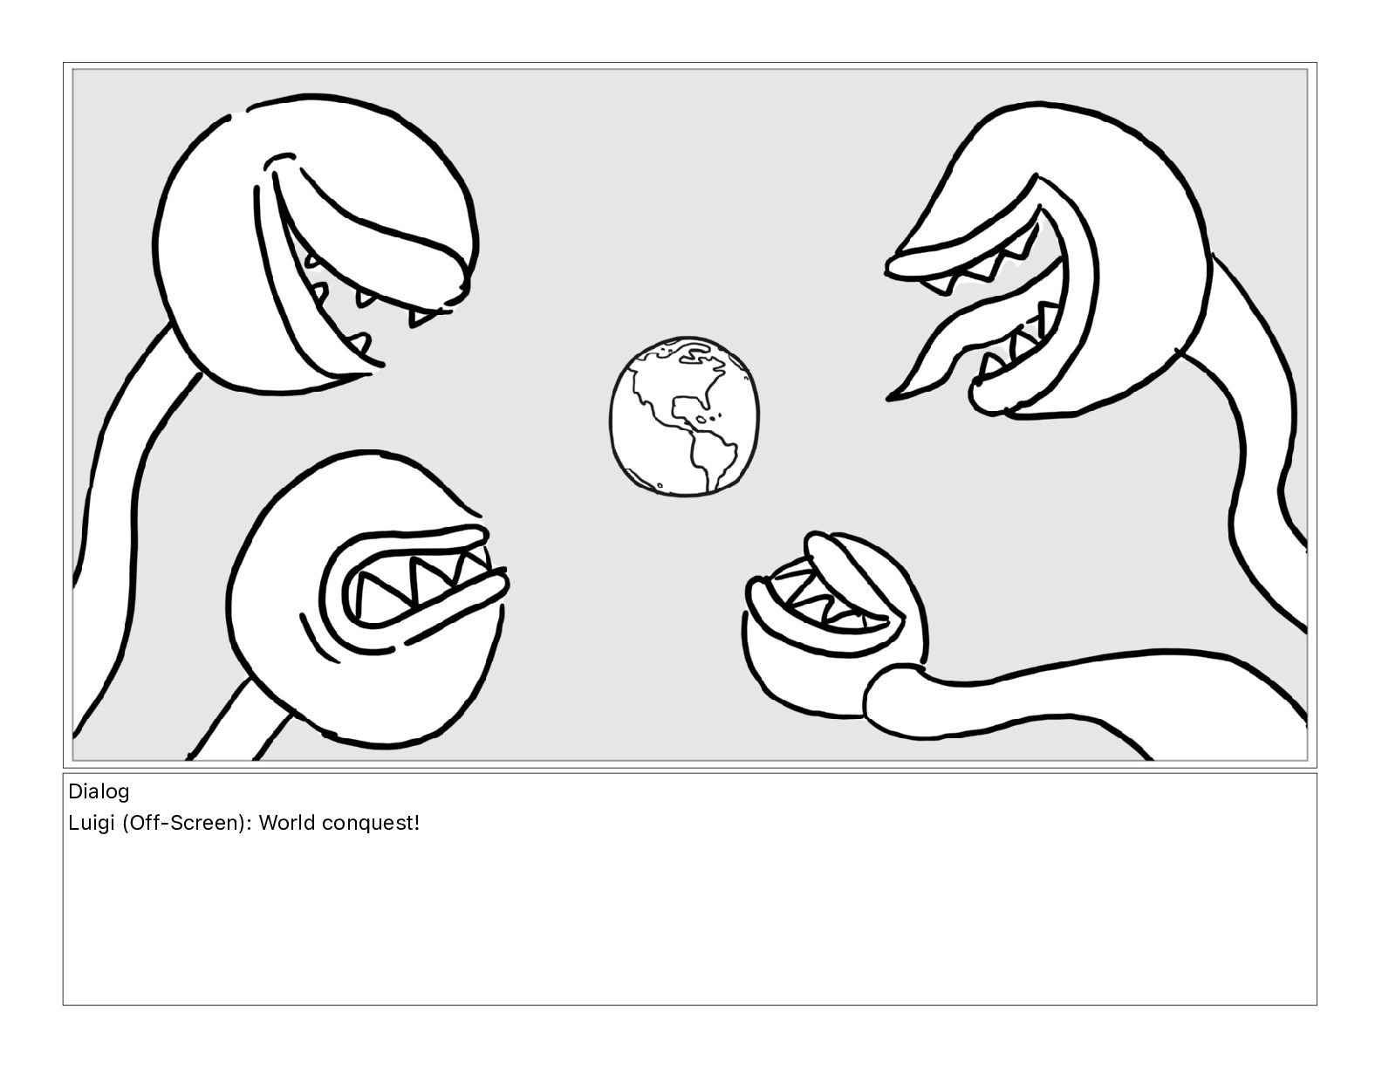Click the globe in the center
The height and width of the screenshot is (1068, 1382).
pyautogui.click(x=684, y=416)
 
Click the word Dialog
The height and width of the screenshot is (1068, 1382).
pyautogui.click(x=99, y=792)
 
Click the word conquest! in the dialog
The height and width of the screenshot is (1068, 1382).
pyautogui.click(x=371, y=824)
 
